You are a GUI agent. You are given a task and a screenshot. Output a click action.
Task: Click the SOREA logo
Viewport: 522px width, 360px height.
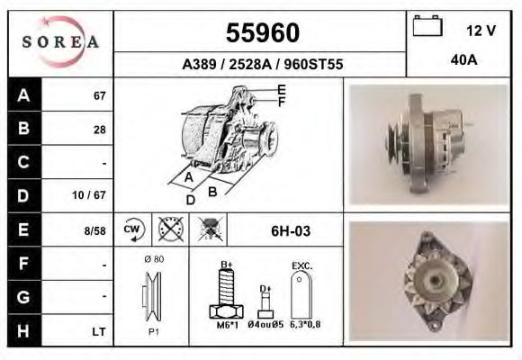point(59,41)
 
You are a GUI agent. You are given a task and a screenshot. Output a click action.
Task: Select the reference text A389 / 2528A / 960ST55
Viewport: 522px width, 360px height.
point(262,65)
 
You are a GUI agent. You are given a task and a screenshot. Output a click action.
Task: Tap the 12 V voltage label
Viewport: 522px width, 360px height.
point(481,31)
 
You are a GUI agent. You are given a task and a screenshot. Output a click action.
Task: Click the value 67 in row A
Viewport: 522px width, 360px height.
point(99,96)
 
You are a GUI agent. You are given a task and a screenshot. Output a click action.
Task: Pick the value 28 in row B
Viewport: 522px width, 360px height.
point(99,130)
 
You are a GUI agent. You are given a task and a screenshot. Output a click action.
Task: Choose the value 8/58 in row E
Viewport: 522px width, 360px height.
point(94,230)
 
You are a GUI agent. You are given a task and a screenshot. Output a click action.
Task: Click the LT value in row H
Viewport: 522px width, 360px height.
point(98,332)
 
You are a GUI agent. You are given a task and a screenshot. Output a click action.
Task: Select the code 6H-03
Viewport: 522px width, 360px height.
point(291,231)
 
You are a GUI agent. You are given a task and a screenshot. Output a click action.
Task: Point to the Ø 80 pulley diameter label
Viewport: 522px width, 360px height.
point(153,260)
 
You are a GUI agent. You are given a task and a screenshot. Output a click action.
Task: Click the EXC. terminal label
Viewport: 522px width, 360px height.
point(302,266)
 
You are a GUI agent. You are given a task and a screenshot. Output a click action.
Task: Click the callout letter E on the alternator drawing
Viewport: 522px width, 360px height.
point(282,89)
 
